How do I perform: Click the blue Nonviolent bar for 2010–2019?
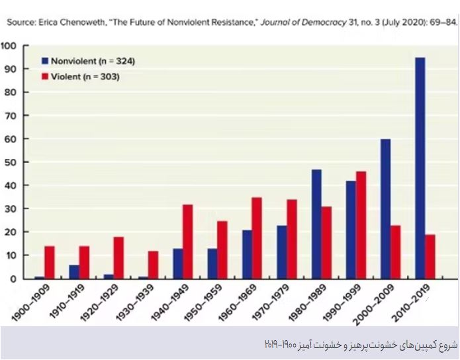(x=420, y=168)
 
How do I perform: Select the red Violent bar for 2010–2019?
(x=430, y=256)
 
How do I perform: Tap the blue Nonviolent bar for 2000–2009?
(x=385, y=208)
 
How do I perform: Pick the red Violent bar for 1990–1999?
(x=361, y=225)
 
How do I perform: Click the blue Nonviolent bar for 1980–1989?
(x=316, y=224)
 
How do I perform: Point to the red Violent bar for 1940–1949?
(x=188, y=242)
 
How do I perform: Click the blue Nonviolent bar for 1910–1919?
(x=74, y=272)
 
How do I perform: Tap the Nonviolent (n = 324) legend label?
(x=93, y=61)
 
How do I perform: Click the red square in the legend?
(x=45, y=77)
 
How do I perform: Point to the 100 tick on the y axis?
(x=11, y=46)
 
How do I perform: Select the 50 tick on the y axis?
(x=13, y=162)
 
